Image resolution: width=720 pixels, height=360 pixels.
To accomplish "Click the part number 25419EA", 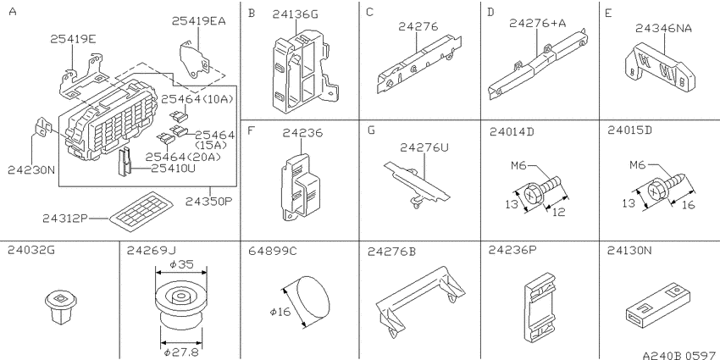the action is click(x=199, y=20).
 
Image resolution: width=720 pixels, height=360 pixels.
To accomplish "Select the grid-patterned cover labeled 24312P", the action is click(x=141, y=213).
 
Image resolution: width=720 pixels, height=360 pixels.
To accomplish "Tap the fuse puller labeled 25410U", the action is click(x=124, y=162).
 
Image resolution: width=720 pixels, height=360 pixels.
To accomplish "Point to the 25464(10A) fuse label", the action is click(x=197, y=99).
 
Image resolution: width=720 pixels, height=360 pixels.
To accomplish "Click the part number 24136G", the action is click(x=295, y=14).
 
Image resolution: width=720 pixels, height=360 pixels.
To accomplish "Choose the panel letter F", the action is click(x=251, y=130).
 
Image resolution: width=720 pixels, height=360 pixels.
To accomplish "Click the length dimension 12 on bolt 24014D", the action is click(x=558, y=212).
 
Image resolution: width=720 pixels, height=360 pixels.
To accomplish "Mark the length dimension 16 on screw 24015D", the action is click(x=688, y=204).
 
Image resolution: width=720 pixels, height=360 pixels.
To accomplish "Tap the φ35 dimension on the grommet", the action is click(x=181, y=264).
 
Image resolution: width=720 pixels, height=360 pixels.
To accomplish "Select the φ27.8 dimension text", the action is click(x=183, y=352).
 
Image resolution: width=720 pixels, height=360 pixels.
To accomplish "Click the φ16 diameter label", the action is click(x=280, y=312).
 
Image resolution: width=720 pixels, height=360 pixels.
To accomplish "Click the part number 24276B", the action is click(x=391, y=252).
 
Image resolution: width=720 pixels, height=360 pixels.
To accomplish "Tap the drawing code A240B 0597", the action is click(x=680, y=355).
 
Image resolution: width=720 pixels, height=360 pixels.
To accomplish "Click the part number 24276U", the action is click(x=424, y=147).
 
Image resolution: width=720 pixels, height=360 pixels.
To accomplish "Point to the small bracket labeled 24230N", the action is click(x=42, y=127).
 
